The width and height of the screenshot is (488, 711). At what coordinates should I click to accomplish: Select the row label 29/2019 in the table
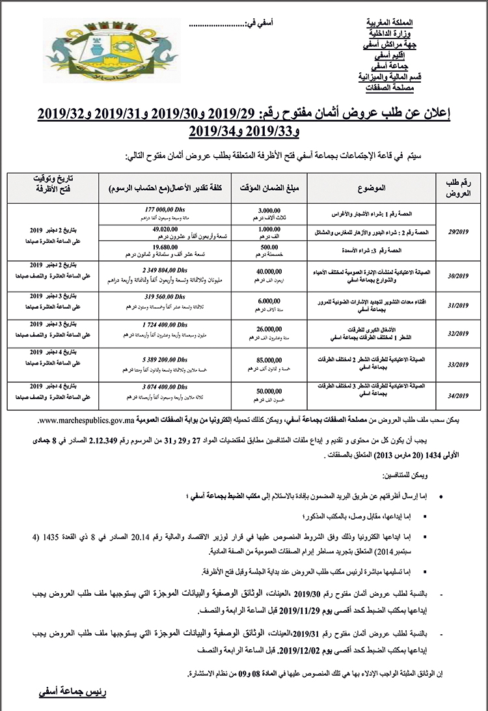(x=458, y=230)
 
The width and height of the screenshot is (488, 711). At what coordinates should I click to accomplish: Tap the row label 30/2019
(x=458, y=276)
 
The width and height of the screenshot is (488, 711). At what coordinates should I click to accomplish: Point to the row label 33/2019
(x=458, y=365)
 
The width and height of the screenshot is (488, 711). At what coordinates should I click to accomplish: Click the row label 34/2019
(x=458, y=396)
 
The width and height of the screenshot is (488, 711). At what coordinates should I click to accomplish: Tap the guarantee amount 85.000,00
(x=269, y=360)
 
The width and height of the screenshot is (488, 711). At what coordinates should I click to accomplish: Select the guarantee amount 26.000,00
(x=269, y=330)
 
